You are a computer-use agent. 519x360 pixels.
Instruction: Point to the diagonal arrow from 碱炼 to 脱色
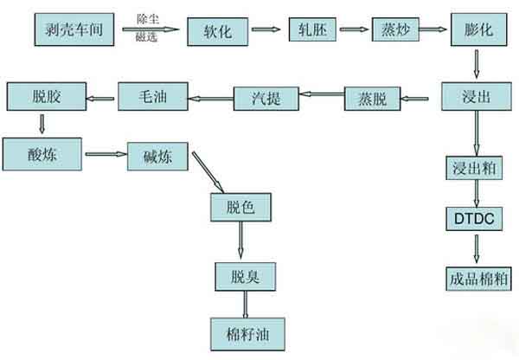click(x=208, y=172)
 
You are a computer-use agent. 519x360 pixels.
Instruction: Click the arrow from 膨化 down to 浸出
click(x=476, y=63)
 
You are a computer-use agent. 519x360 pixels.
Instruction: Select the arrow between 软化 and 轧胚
click(x=265, y=31)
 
